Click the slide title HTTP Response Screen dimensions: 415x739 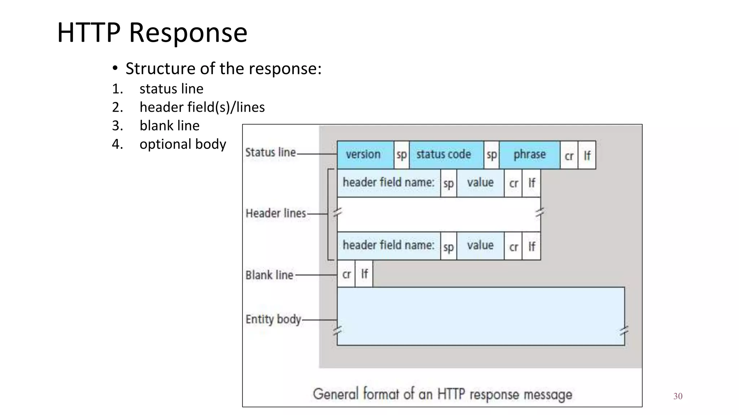[x=152, y=33]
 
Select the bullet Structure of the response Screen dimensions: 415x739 [x=223, y=68]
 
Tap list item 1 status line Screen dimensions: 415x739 [x=171, y=89]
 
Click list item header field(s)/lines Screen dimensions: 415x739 [x=202, y=107]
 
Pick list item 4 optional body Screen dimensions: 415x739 [x=183, y=144]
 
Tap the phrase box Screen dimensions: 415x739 [x=529, y=155]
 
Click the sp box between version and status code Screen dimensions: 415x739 [x=401, y=155]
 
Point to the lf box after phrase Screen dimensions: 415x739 [x=587, y=155]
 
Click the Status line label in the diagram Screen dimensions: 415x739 [x=270, y=152]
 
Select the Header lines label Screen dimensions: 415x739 [x=276, y=213]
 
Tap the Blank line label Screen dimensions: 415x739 [x=269, y=275]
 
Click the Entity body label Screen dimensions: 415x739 [x=273, y=319]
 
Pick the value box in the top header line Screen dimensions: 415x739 [x=480, y=183]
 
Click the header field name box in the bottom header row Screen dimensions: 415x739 [x=388, y=246]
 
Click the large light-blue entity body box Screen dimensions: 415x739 [x=481, y=316]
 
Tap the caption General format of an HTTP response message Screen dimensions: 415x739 [x=442, y=394]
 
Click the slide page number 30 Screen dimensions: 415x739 [x=678, y=396]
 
